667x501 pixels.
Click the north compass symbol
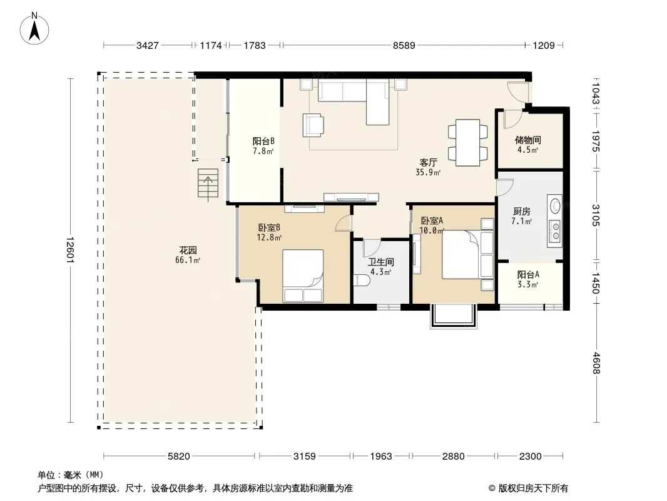point(34,29)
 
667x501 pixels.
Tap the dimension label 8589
point(404,45)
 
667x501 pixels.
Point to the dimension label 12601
point(70,250)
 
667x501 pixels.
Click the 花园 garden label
point(188,250)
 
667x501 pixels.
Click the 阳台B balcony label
point(263,141)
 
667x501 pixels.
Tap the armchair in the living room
point(313,125)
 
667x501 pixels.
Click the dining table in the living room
point(468,143)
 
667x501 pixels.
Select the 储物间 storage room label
point(528,140)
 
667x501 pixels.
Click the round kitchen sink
point(556,206)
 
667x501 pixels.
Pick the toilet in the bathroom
point(362,280)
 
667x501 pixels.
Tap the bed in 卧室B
point(303,276)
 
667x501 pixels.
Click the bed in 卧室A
point(468,254)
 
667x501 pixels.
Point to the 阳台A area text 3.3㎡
point(528,284)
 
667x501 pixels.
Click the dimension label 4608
point(596,363)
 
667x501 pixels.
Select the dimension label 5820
point(179,457)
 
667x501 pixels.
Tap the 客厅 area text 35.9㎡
point(428,172)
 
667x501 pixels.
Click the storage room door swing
point(513,119)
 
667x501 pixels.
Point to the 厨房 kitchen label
point(521,211)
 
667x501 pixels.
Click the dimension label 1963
point(380,457)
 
